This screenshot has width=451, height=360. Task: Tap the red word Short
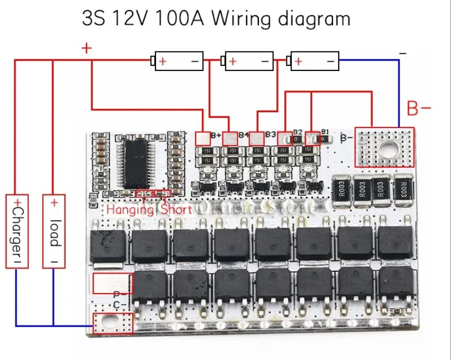click(x=176, y=209)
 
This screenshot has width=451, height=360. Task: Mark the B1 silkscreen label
click(x=324, y=132)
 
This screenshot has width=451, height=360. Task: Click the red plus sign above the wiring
click(x=86, y=49)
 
